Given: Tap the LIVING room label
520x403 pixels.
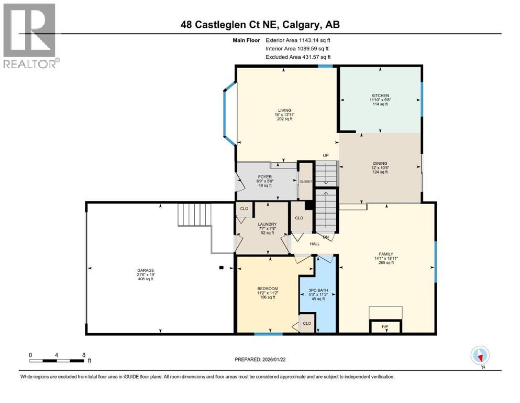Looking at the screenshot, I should pos(284,110).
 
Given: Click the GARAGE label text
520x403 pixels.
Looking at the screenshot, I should pos(146,270).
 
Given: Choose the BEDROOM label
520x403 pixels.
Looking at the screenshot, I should pos(267,289).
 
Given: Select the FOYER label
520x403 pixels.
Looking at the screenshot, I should pos(263,177).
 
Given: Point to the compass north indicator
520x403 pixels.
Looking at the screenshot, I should pos(480,356).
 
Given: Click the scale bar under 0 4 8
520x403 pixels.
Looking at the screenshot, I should pos(57,360).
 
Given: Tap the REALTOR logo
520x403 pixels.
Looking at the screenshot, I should pos(30,37).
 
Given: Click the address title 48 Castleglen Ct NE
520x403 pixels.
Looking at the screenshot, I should pos(260,25).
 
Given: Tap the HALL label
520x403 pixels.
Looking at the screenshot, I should pos(315,243).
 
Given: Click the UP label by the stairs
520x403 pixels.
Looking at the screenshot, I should pos(325,155).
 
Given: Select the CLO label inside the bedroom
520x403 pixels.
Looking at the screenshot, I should pos(307,324).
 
